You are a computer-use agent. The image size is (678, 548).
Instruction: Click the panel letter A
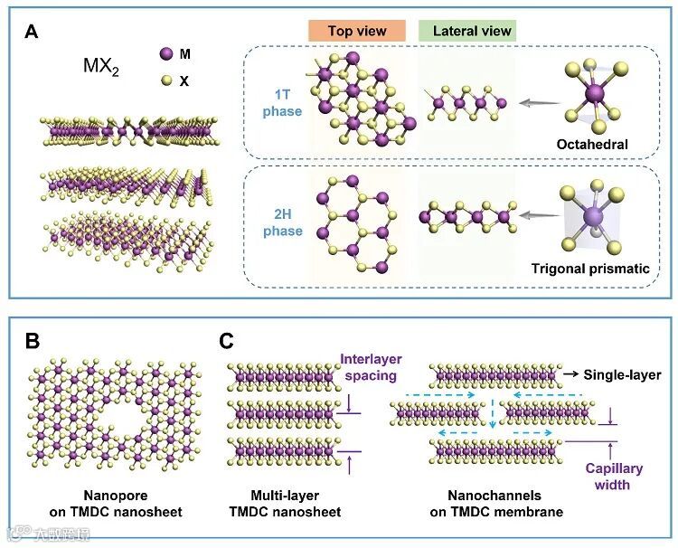pos(31,33)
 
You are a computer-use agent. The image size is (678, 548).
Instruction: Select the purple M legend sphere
pos(164,54)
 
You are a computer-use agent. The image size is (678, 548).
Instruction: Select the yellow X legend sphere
pos(164,80)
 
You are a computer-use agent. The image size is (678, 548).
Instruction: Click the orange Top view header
pos(357,31)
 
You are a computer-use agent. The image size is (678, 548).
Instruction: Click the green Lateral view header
pos(471,31)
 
